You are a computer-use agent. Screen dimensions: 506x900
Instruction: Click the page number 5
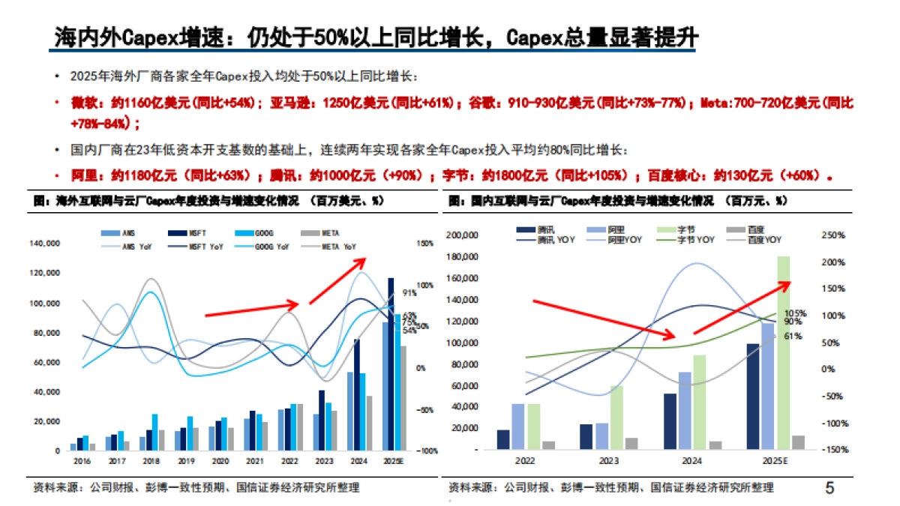(x=829, y=488)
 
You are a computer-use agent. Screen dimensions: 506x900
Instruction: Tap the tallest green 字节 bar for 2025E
(x=783, y=352)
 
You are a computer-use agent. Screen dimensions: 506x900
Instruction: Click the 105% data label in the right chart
(x=795, y=313)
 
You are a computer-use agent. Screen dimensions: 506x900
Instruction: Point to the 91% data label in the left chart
(x=409, y=293)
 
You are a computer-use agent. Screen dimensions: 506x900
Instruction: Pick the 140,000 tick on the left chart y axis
(x=44, y=244)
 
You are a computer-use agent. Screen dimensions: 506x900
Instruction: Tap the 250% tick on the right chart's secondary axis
(x=833, y=235)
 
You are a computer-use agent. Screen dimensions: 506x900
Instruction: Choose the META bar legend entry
(x=321, y=233)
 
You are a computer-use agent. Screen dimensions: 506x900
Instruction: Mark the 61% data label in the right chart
(x=793, y=336)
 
